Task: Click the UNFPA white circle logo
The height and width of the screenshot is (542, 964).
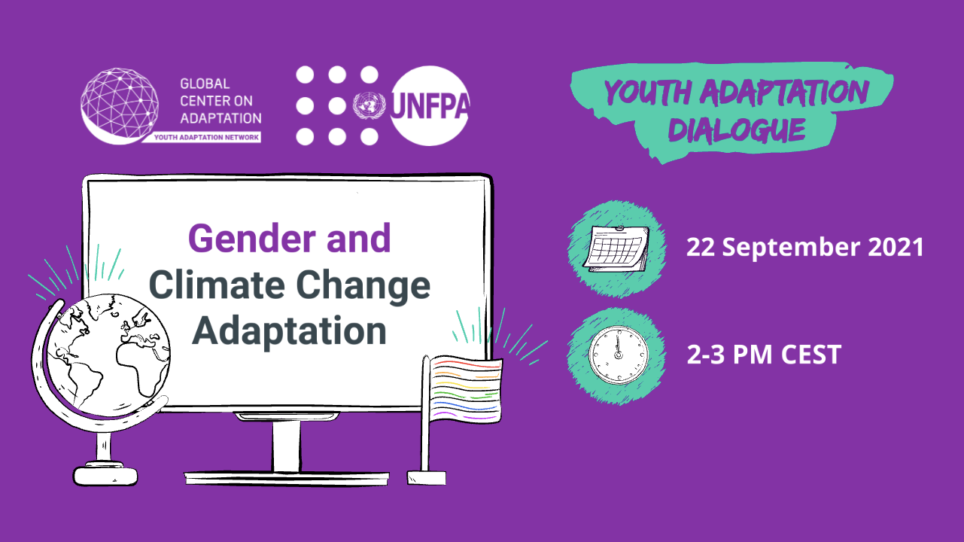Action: point(430,106)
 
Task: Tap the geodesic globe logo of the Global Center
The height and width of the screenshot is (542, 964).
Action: point(120,106)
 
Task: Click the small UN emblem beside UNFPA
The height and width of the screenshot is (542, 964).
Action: point(369,106)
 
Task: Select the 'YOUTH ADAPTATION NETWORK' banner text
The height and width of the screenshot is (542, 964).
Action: point(206,137)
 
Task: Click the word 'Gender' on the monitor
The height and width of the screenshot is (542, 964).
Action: point(252,239)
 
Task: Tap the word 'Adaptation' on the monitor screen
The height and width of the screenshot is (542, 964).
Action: point(289,330)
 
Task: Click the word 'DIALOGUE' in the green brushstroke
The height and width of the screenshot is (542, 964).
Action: point(737,129)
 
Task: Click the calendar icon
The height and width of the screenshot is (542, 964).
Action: point(616,248)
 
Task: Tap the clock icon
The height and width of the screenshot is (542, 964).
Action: point(619,355)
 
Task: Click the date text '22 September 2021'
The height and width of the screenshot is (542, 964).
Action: point(804,248)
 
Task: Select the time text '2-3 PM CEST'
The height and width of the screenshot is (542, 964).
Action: point(764,355)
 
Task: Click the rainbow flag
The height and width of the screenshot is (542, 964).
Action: point(466,389)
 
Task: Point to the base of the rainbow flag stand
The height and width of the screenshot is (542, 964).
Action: point(427,478)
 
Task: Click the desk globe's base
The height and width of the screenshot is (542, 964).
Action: point(105,474)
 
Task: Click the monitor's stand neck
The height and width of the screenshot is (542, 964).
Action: point(286,446)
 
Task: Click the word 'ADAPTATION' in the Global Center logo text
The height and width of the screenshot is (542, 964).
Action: point(220,118)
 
